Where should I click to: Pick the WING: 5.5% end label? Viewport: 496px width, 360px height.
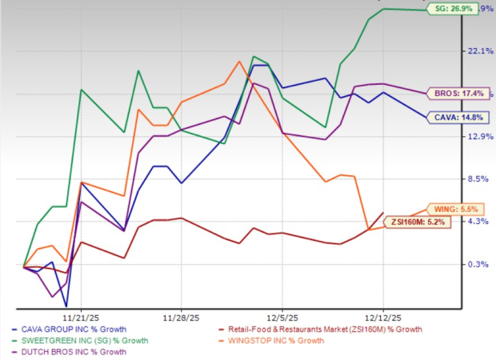click(x=454, y=208)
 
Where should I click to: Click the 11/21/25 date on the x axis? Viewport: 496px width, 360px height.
click(x=82, y=314)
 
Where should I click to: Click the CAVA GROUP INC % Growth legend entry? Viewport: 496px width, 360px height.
click(x=73, y=330)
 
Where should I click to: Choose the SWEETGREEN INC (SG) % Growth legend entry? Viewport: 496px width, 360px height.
click(x=80, y=341)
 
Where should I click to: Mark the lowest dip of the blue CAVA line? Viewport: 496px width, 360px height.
click(x=66, y=306)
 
